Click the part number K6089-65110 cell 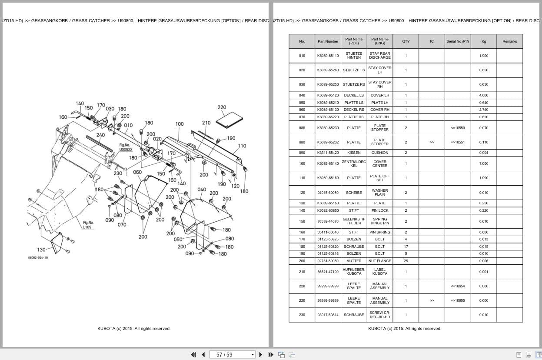click(x=328, y=56)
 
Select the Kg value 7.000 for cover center click(x=484, y=163)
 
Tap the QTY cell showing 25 click(x=406, y=261)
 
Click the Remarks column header click(x=509, y=41)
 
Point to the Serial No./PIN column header click(x=458, y=41)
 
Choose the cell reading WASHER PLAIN click(x=380, y=193)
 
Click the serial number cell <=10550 click(x=458, y=128)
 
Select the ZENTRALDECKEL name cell click(x=354, y=163)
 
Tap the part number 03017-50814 click(x=328, y=315)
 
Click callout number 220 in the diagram click(x=222, y=107)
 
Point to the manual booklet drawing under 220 click(x=229, y=120)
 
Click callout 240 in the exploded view click(x=101, y=135)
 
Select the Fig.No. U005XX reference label click(x=126, y=147)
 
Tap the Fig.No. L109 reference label click(x=88, y=225)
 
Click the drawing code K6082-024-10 click(x=38, y=257)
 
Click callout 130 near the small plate click(x=41, y=250)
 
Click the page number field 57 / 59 click(x=232, y=355)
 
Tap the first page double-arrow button click(x=193, y=355)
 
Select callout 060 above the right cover click(x=137, y=172)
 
